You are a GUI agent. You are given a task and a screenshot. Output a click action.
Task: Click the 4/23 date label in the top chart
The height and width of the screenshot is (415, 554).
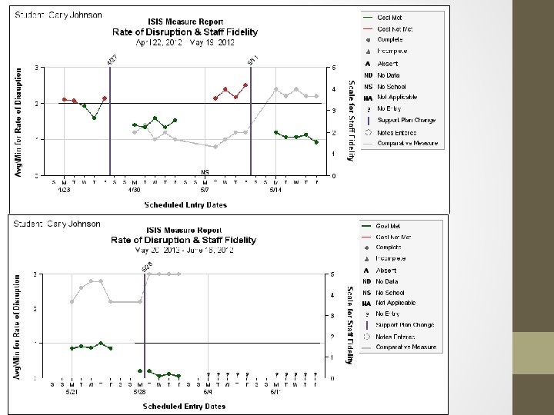pyautogui.click(x=64, y=189)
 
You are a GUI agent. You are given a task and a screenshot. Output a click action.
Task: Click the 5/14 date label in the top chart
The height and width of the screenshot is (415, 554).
pyautogui.click(x=275, y=189)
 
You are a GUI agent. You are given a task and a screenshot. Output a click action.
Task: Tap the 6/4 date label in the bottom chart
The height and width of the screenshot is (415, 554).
pyautogui.click(x=209, y=391)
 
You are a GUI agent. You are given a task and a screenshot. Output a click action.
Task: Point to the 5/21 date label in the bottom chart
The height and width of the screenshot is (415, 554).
pyautogui.click(x=72, y=391)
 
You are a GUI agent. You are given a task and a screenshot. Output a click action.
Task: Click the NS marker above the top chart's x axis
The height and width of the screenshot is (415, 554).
pyautogui.click(x=205, y=171)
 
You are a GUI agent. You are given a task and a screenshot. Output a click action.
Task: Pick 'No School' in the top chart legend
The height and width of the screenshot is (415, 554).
pyautogui.click(x=392, y=87)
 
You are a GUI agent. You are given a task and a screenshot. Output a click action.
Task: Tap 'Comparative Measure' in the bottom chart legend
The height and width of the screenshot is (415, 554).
pyautogui.click(x=406, y=347)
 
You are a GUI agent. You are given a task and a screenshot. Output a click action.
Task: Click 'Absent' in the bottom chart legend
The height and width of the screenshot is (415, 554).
pyautogui.click(x=387, y=271)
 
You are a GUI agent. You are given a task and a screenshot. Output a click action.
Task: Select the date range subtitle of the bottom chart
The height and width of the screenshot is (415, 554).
pyautogui.click(x=185, y=251)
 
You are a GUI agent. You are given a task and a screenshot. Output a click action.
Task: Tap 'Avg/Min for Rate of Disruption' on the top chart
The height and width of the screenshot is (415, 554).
pyautogui.click(x=20, y=121)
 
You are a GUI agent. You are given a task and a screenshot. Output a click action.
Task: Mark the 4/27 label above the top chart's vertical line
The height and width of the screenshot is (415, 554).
pyautogui.click(x=112, y=59)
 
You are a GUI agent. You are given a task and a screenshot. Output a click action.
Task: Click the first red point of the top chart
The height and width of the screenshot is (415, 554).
pyautogui.click(x=65, y=99)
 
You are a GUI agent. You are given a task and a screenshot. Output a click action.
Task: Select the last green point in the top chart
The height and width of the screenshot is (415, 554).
pyautogui.click(x=316, y=142)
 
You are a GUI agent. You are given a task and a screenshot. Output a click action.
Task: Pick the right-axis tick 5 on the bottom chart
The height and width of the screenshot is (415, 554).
pyautogui.click(x=332, y=274)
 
